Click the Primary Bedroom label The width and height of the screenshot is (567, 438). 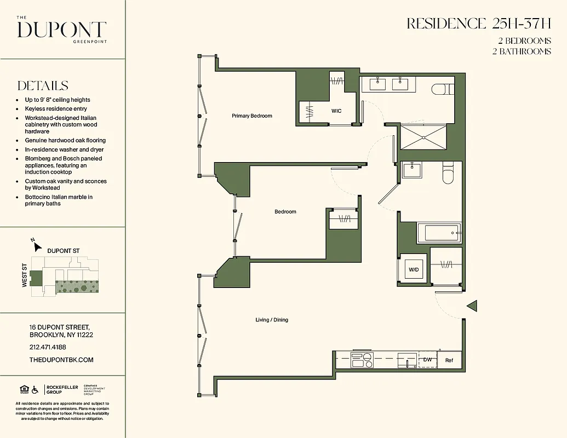click(x=251, y=116)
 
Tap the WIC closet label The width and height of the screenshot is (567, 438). click(x=336, y=111)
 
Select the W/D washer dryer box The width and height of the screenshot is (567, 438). click(x=414, y=269)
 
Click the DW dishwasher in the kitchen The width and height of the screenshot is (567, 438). click(x=427, y=360)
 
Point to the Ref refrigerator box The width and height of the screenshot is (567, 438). click(x=449, y=360)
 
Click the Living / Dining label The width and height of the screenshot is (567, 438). click(x=272, y=320)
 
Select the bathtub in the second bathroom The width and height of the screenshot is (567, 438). click(x=439, y=233)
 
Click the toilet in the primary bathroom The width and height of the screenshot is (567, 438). click(x=441, y=89)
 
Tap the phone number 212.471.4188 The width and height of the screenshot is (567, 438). click(x=48, y=347)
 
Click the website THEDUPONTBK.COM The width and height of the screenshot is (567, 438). click(x=61, y=360)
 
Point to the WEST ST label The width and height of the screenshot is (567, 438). click(x=25, y=276)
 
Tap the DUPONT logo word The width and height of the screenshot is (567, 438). click(x=61, y=30)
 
